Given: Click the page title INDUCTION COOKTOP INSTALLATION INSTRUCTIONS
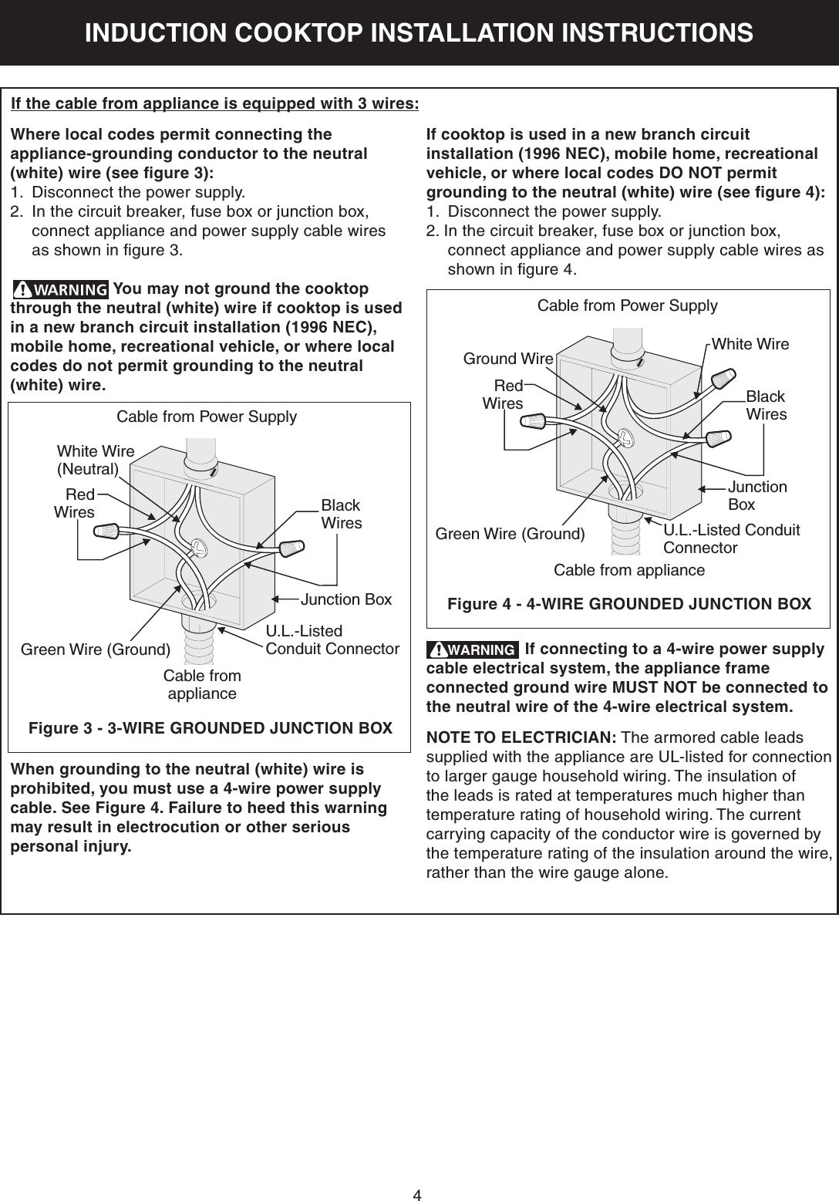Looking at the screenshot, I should pyautogui.click(x=419, y=33).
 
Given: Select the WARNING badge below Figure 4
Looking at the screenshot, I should pyautogui.click(x=473, y=649).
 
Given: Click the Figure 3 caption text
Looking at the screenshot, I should pyautogui.click(x=210, y=728).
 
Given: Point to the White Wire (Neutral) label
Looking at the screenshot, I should pyautogui.click(x=96, y=460).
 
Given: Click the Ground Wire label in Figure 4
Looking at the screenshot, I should pyautogui.click(x=507, y=359).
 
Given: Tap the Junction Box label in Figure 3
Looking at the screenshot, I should pyautogui.click(x=346, y=599).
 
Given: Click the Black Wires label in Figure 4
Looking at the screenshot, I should pyautogui.click(x=766, y=406).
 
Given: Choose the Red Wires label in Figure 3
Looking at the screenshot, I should pyautogui.click(x=75, y=503).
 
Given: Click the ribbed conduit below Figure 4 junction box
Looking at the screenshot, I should pyautogui.click(x=625, y=532).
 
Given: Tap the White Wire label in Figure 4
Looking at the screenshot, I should pyautogui.click(x=750, y=344).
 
